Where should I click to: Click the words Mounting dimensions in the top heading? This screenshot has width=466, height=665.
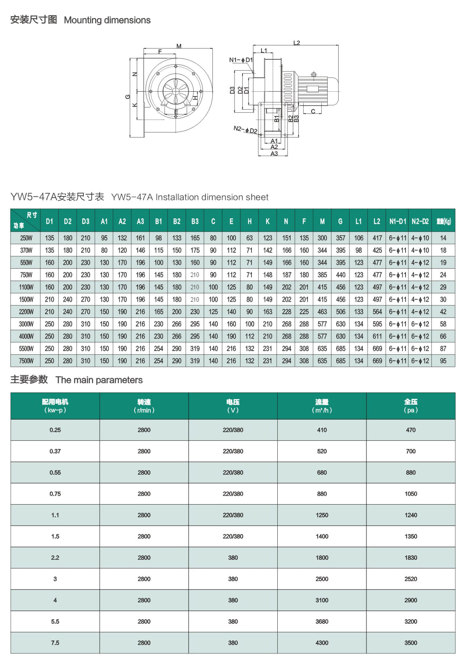(107, 20)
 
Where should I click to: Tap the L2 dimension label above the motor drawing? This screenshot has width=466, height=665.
(297, 43)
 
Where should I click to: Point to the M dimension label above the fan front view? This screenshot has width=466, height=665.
(179, 46)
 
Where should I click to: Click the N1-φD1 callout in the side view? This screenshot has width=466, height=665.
(241, 60)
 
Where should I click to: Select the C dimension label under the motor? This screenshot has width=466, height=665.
(313, 111)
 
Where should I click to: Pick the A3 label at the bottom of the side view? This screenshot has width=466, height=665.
(274, 153)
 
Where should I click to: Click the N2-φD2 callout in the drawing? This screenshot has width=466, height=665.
(245, 130)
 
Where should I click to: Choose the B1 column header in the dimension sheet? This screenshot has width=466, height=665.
(159, 221)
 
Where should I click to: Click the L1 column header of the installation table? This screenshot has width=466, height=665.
(359, 221)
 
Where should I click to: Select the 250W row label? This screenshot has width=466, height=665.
(26, 238)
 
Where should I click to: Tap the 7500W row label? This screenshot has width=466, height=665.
(26, 361)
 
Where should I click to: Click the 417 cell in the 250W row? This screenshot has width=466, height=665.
(377, 238)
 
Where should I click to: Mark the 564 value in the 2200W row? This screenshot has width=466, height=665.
(377, 311)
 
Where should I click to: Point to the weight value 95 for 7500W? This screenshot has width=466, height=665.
(443, 361)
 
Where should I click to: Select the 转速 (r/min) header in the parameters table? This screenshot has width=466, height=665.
(144, 406)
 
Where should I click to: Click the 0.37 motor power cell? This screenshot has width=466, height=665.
(55, 451)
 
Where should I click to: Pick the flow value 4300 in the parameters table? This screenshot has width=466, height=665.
(322, 643)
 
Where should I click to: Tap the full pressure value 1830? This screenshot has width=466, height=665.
(411, 558)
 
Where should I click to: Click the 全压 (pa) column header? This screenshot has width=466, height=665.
(411, 406)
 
